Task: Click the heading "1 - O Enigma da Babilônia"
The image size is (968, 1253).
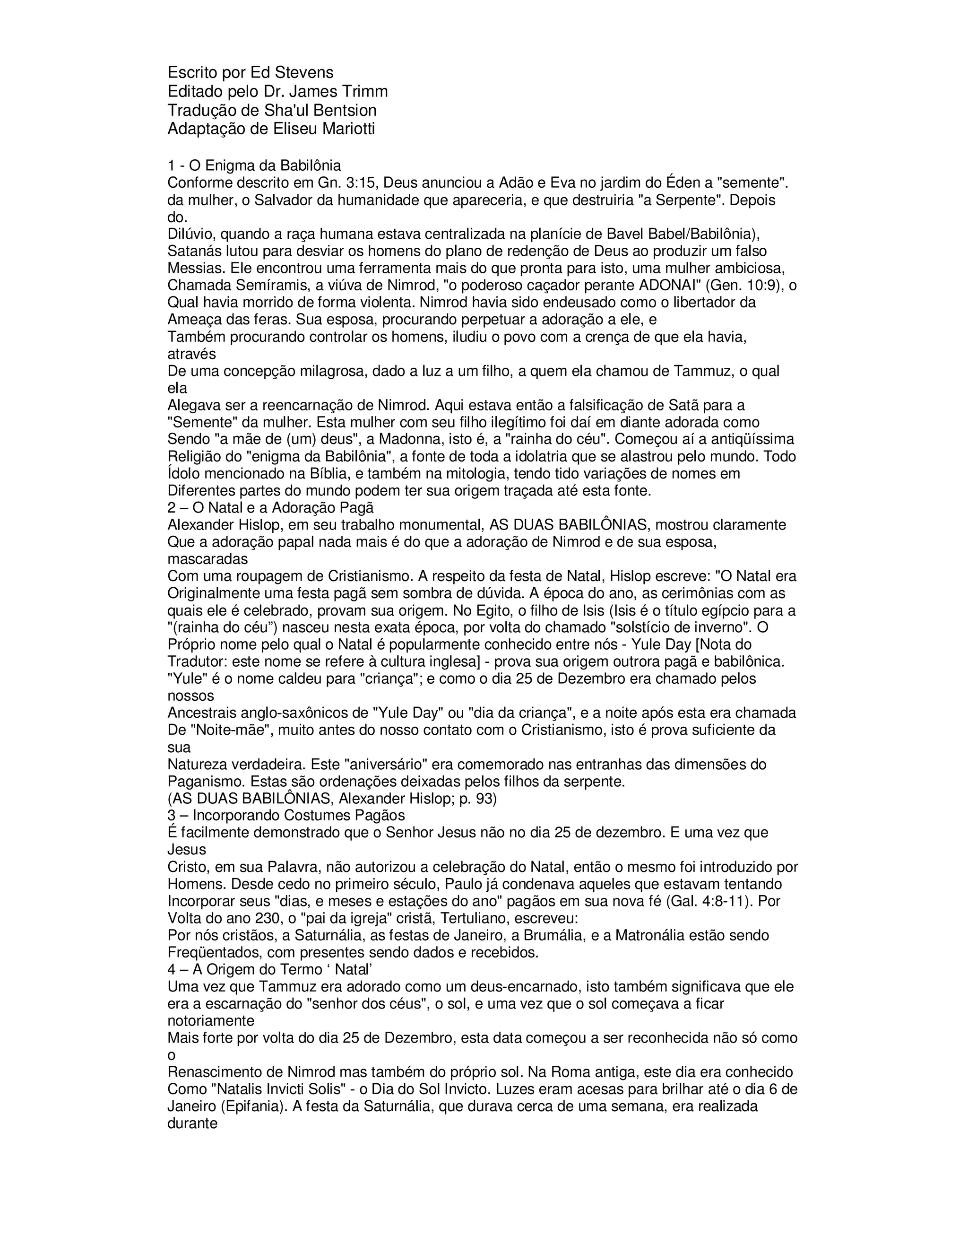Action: pos(254,166)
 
